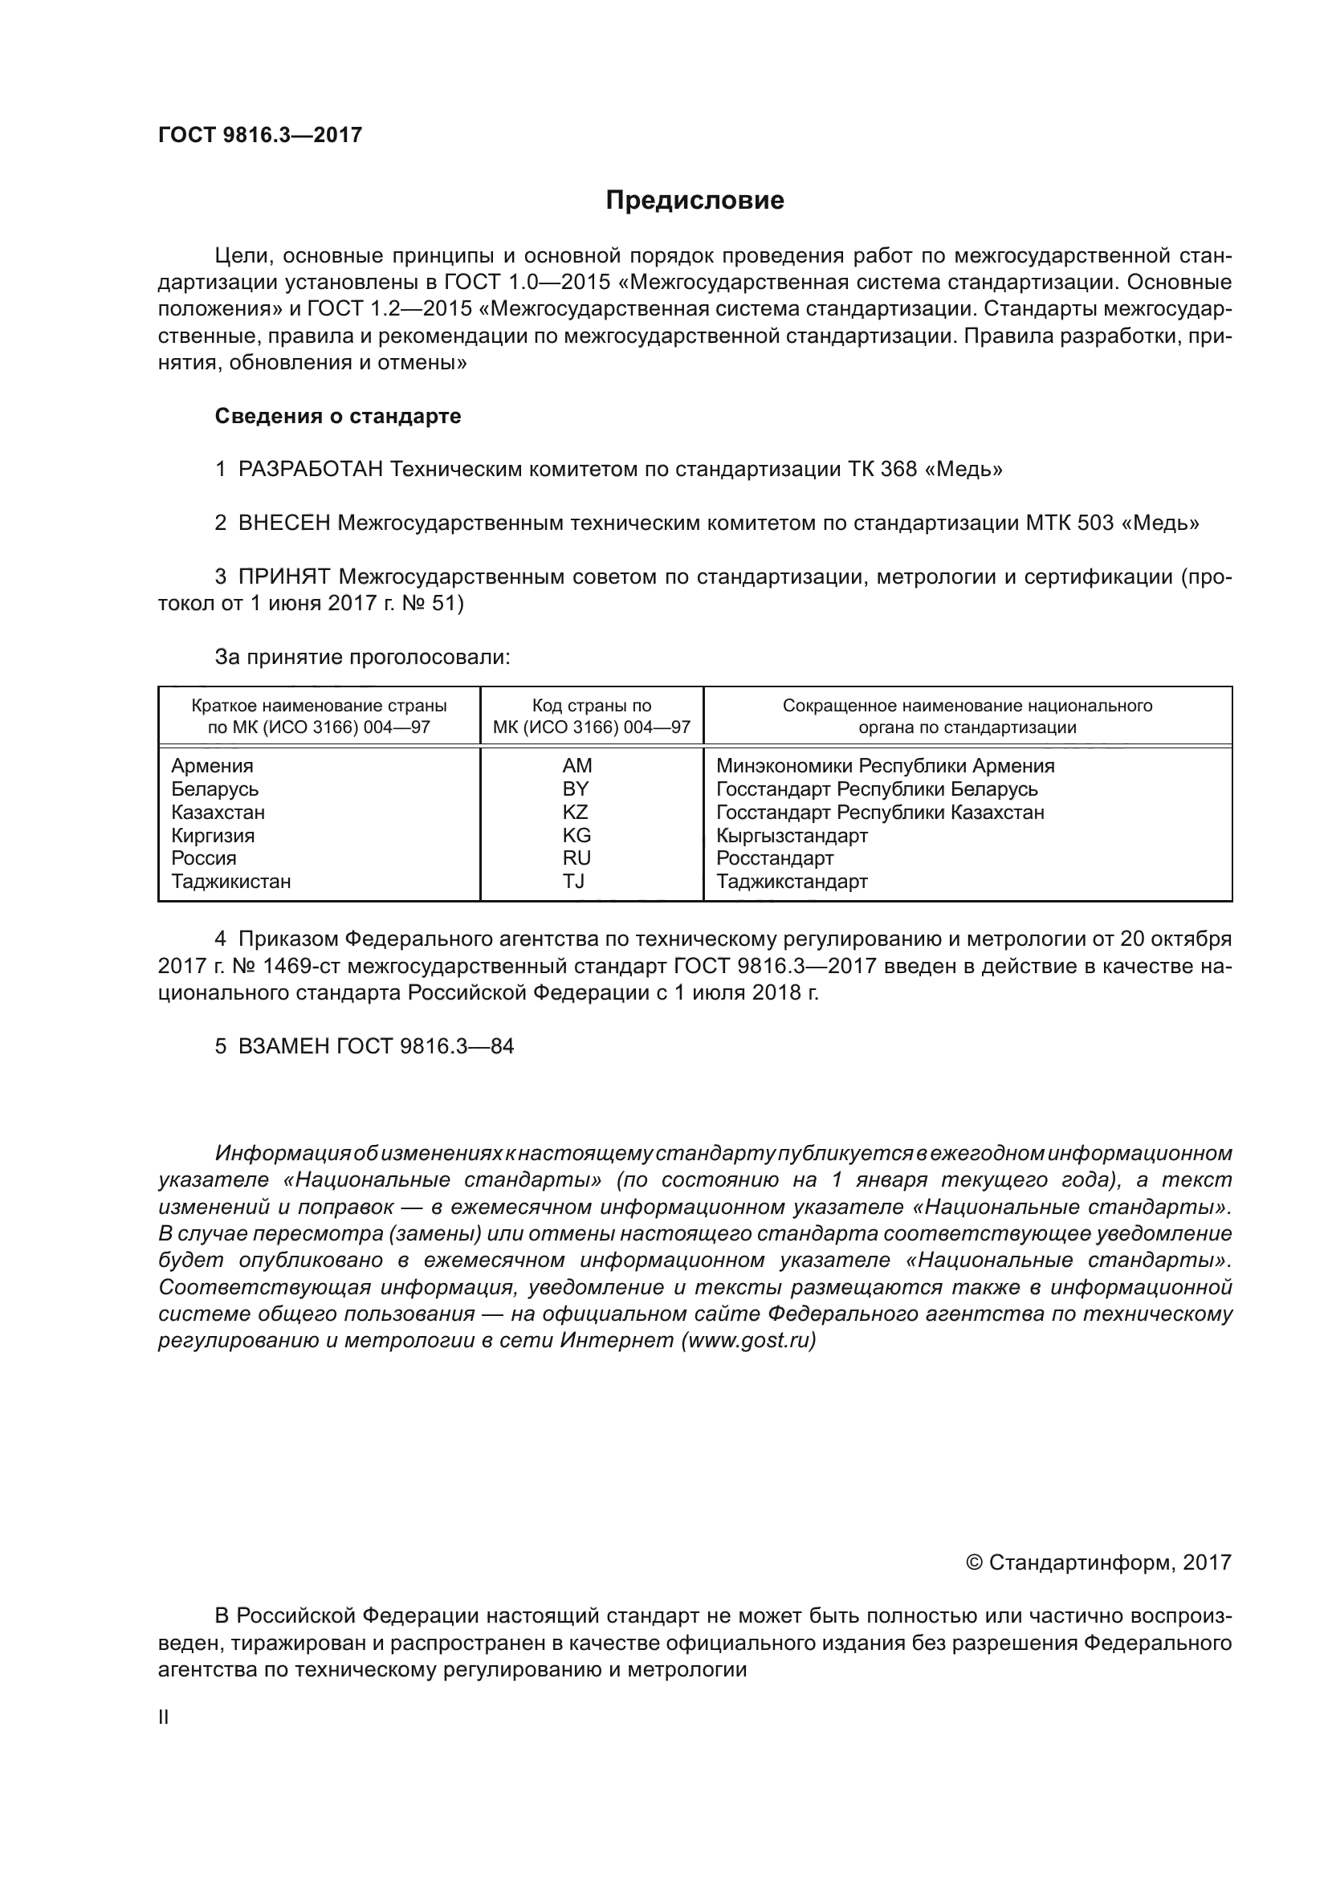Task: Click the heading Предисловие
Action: (x=695, y=201)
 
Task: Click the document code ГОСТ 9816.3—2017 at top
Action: (x=260, y=136)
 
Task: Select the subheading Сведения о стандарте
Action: (x=338, y=417)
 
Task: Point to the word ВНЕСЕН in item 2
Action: (x=283, y=523)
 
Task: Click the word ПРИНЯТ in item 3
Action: (x=283, y=577)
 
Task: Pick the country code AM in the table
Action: (x=576, y=767)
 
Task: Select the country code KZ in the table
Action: (x=576, y=813)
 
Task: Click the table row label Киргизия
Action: (x=213, y=836)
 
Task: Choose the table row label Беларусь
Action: (x=215, y=789)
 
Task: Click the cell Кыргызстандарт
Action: (x=792, y=836)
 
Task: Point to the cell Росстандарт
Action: (x=774, y=859)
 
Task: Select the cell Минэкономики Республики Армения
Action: (x=885, y=767)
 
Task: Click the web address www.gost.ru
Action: (x=748, y=1342)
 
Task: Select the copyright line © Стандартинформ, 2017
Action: (x=1098, y=1563)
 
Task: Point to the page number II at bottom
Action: (x=164, y=1717)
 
